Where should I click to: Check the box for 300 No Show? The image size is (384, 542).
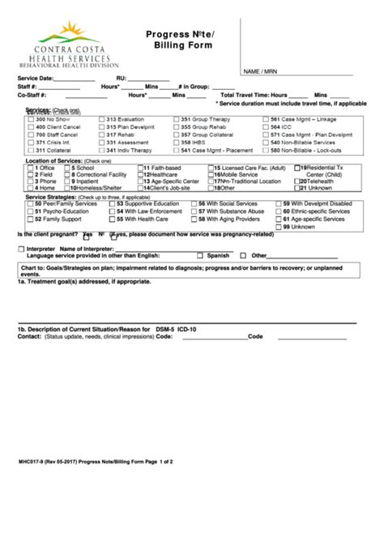pyautogui.click(x=30, y=119)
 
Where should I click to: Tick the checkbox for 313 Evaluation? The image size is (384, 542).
pyautogui.click(x=101, y=119)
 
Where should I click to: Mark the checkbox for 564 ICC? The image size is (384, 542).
pyautogui.click(x=265, y=127)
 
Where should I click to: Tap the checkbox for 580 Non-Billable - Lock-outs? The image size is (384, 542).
pyautogui.click(x=265, y=151)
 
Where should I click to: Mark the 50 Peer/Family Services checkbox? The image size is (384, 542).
pyautogui.click(x=30, y=204)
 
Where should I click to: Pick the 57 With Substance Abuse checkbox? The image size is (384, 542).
pyautogui.click(x=202, y=211)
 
